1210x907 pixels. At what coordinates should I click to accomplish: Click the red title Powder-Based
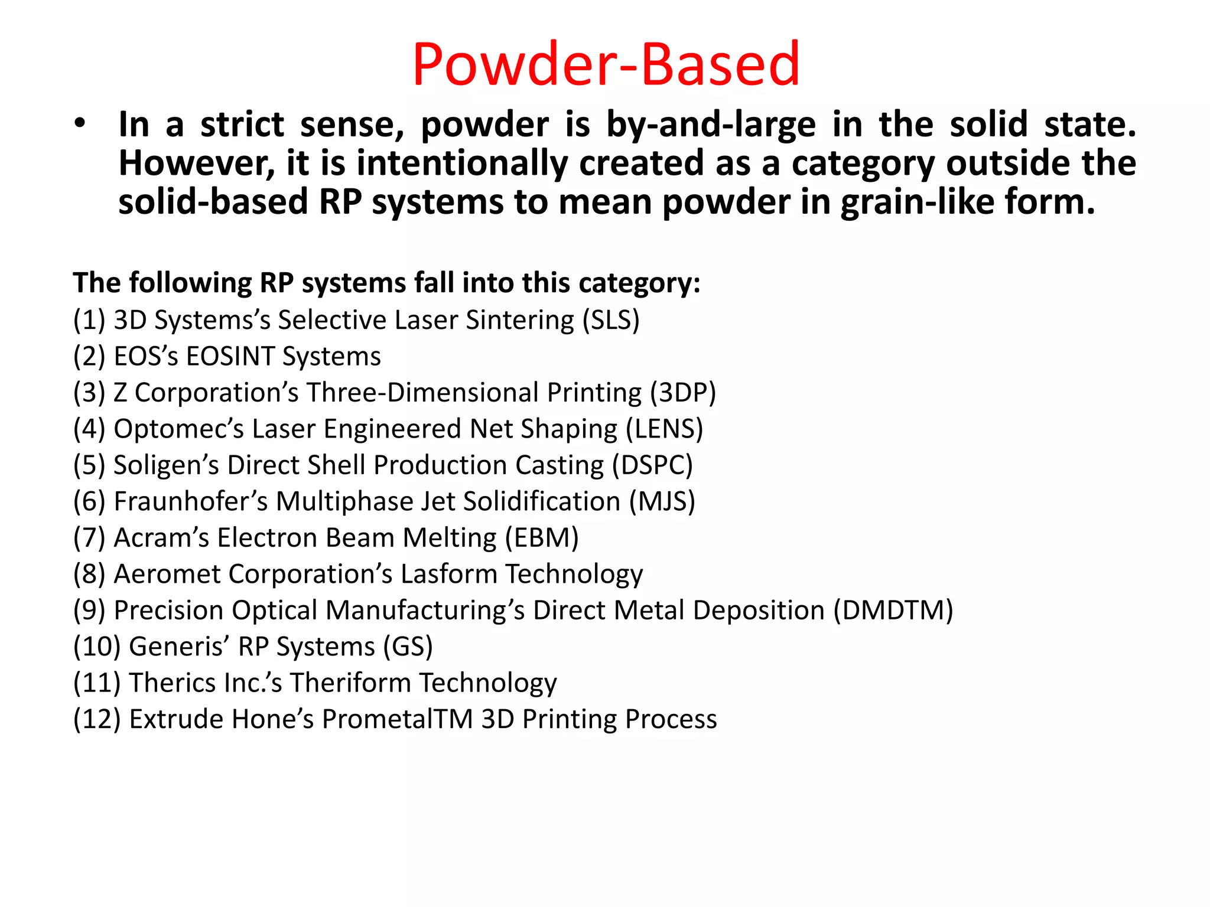click(x=606, y=64)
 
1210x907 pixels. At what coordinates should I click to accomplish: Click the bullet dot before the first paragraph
click(x=80, y=124)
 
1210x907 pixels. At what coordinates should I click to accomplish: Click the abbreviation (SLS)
click(x=611, y=320)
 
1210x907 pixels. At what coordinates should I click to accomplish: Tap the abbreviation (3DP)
click(x=683, y=393)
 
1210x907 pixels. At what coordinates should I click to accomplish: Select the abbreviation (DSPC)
click(x=652, y=465)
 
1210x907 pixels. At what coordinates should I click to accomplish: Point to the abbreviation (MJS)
click(x=662, y=501)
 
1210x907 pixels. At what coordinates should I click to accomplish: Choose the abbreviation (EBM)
click(x=542, y=538)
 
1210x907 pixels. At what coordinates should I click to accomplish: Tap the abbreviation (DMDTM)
click(x=893, y=611)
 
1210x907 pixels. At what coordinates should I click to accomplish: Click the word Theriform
click(x=350, y=683)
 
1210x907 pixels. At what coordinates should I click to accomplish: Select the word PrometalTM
click(x=398, y=719)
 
